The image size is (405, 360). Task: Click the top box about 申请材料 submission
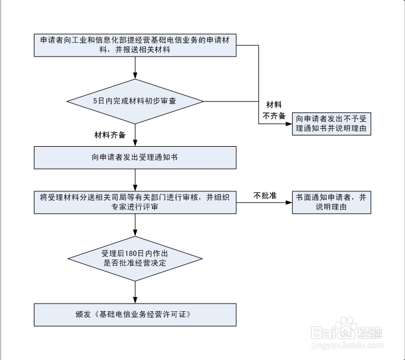click(x=135, y=45)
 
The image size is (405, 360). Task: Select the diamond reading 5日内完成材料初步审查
click(x=135, y=101)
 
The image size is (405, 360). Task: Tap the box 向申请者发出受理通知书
click(x=135, y=157)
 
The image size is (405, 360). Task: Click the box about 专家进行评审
click(x=135, y=202)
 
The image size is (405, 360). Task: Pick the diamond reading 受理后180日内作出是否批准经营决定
click(x=135, y=258)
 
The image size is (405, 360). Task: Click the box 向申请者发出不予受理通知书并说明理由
click(x=332, y=124)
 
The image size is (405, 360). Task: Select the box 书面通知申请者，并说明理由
click(x=332, y=202)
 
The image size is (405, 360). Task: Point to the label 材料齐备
click(x=110, y=135)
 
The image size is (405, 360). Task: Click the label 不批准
click(x=265, y=195)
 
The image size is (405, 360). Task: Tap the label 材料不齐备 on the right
click(x=274, y=109)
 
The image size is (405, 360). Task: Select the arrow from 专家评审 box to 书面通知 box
click(x=265, y=203)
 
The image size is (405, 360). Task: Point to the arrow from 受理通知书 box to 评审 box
click(x=135, y=180)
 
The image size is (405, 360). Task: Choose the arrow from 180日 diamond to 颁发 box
click(x=135, y=292)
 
